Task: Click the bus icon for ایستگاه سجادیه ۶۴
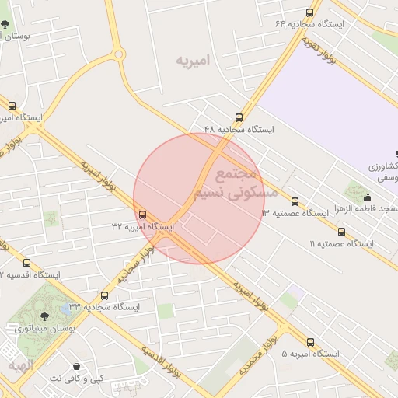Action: point(310,12)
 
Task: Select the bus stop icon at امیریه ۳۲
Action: point(141,215)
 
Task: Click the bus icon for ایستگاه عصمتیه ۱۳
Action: point(294,201)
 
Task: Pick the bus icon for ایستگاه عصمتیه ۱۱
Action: point(341,232)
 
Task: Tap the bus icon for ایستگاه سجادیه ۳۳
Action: point(104,295)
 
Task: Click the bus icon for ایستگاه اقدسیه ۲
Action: point(27,264)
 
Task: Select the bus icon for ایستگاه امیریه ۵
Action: point(311,342)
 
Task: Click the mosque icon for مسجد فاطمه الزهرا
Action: point(368,197)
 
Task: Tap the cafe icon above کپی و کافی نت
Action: point(76,366)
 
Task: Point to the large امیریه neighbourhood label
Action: point(194,60)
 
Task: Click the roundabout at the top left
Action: point(118,54)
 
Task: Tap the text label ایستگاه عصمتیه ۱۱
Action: point(342,244)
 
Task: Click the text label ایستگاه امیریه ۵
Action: point(311,354)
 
